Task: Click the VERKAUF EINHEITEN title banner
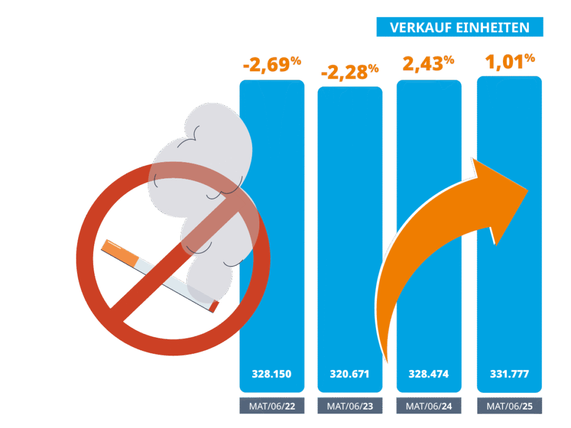click(x=459, y=27)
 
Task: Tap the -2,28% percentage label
click(x=350, y=72)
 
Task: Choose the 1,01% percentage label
click(x=510, y=61)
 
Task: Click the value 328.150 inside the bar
click(x=272, y=373)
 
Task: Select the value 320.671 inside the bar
click(x=350, y=373)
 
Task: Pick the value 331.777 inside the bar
click(x=509, y=373)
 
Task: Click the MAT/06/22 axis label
click(x=272, y=406)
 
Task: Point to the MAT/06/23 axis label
click(x=350, y=406)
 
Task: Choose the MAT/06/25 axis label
click(x=509, y=406)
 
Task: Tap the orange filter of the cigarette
click(x=121, y=253)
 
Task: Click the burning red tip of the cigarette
click(x=214, y=307)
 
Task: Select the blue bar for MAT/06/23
click(x=350, y=223)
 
